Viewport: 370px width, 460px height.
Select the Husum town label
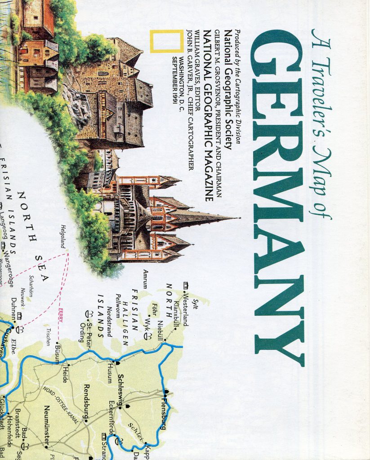pyautogui.click(x=110, y=374)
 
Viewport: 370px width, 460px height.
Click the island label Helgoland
pyautogui.click(x=63, y=236)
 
